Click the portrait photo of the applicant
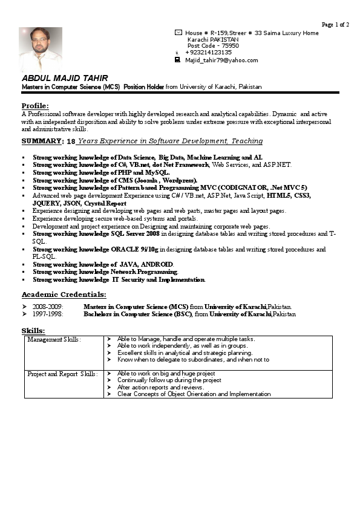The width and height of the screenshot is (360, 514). (41, 49)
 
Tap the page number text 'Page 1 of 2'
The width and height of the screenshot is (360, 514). (335, 25)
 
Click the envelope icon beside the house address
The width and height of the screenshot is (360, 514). (178, 33)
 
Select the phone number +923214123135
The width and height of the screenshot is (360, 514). (208, 53)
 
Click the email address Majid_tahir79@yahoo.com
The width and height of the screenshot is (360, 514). (221, 60)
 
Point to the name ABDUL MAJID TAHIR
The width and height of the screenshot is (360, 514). (65, 79)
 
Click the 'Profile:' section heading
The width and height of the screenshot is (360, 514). (34, 106)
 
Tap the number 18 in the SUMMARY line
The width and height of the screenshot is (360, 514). (71, 142)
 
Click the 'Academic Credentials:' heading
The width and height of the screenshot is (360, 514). (64, 294)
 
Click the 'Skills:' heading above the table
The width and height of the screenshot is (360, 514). (33, 331)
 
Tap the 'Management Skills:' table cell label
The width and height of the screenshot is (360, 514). (54, 340)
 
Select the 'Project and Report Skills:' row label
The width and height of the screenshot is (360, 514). (62, 374)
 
